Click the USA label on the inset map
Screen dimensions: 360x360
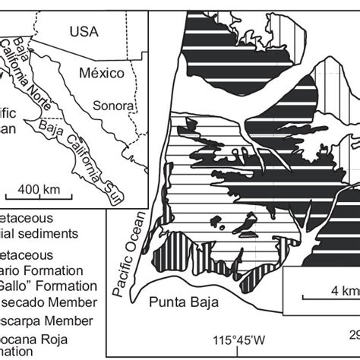(84, 31)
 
